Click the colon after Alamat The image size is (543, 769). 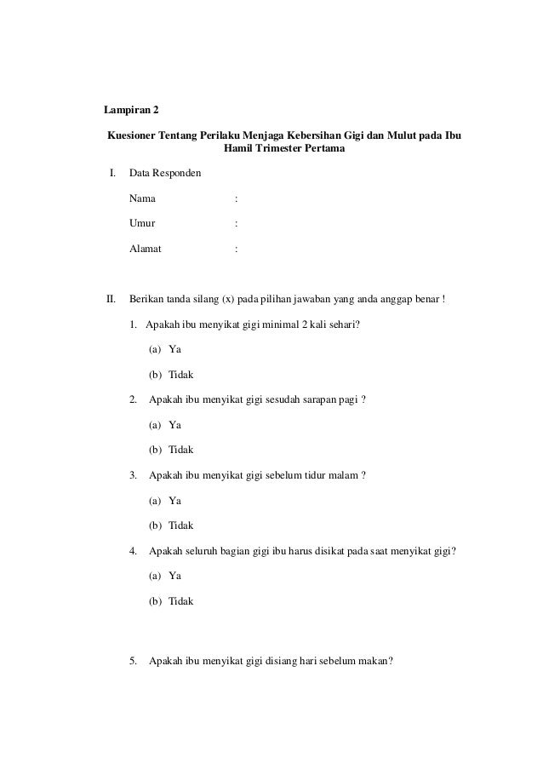(236, 249)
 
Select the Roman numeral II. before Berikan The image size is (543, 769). (110, 299)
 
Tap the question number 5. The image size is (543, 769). (134, 663)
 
